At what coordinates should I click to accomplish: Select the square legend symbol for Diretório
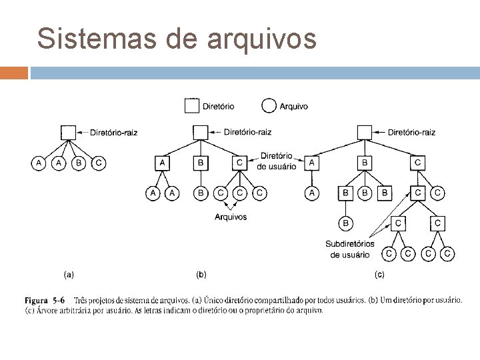pos(192,105)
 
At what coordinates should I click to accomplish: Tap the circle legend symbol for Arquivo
pos(269,105)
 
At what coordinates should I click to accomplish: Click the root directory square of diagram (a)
pos(68,132)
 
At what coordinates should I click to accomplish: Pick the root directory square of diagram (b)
pos(201,132)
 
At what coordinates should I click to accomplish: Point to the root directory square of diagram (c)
pos(365,132)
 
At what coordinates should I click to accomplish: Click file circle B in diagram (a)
pos(79,162)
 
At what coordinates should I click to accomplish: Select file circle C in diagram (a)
pos(99,162)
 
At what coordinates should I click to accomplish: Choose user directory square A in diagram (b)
pos(162,162)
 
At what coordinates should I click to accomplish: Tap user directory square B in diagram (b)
pos(201,162)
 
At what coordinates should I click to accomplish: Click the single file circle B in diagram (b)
pos(201,193)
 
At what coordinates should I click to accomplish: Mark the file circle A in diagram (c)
pos(311,193)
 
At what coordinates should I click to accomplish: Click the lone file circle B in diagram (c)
pos(346,223)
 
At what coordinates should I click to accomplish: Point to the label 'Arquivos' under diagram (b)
pos(231,217)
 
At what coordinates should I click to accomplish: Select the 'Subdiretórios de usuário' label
pos(350,249)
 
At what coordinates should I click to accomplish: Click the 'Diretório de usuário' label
pos(277,161)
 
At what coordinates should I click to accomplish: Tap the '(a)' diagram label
pos(68,273)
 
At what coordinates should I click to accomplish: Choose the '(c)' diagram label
pos(379,273)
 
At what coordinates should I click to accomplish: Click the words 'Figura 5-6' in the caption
pos(45,300)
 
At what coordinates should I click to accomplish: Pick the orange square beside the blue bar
pos(14,73)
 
